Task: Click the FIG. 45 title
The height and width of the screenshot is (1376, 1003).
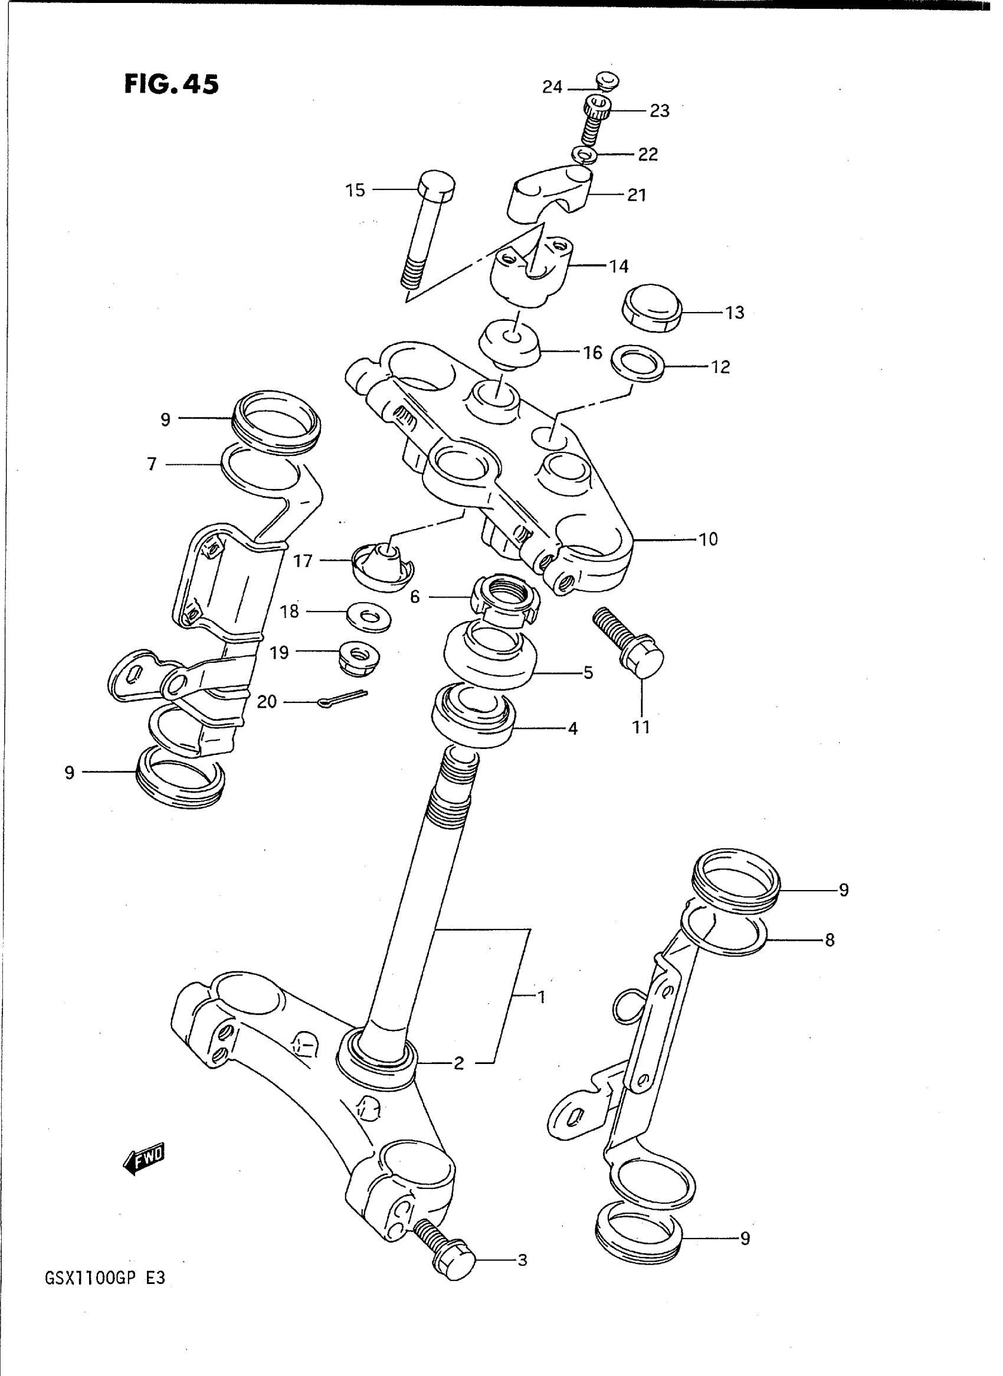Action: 171,84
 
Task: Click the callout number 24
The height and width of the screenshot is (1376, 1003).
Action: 552,87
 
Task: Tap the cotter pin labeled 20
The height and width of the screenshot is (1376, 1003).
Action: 343,700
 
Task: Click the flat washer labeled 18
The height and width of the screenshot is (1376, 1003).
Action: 369,618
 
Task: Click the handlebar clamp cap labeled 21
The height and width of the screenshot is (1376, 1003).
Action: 549,193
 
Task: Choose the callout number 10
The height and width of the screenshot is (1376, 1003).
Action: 708,539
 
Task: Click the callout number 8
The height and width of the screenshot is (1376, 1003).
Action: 830,940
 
